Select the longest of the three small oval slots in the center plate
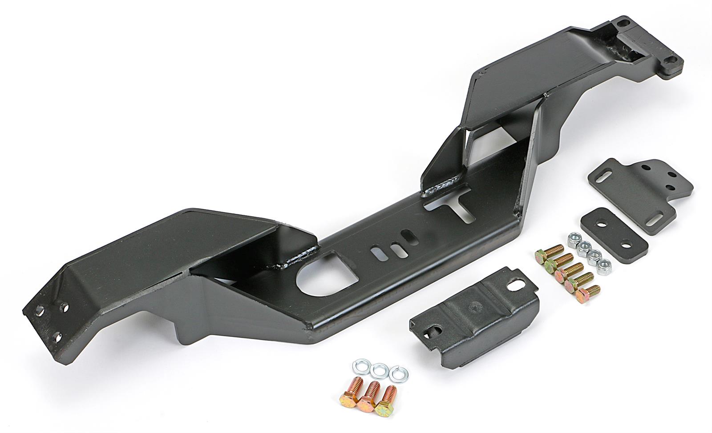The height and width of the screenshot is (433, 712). pos(376,255)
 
